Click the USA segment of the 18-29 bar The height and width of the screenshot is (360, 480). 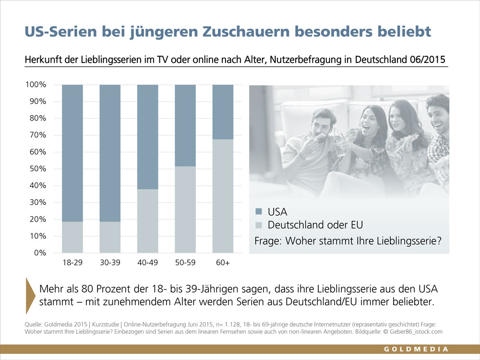[x=72, y=153]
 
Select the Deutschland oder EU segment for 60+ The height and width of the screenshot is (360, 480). [x=223, y=196]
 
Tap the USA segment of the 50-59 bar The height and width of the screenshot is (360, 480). [x=185, y=125]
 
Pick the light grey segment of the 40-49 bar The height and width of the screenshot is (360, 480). [x=148, y=221]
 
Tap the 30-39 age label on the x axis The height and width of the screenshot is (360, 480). [x=110, y=263]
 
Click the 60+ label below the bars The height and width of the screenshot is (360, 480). [x=223, y=263]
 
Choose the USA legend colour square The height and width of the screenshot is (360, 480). [x=259, y=211]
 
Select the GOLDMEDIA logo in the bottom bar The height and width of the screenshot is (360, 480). [x=416, y=349]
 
